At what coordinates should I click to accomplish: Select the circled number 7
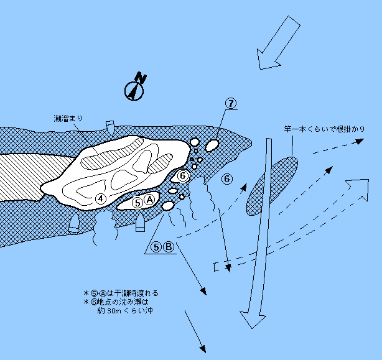tap(231, 104)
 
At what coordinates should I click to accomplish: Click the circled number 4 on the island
tap(101, 198)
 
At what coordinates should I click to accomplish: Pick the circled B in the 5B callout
tap(169, 246)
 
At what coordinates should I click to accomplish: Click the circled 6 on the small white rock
tap(183, 176)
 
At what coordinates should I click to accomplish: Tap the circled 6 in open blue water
tap(227, 179)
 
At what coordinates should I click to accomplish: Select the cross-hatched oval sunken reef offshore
tap(272, 185)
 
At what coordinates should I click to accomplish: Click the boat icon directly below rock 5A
tap(141, 222)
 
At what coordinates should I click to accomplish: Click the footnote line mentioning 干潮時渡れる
tap(121, 292)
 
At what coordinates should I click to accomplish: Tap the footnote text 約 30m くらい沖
tap(122, 310)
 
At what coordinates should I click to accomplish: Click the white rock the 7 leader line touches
tap(212, 145)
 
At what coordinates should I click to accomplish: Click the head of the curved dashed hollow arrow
tap(358, 189)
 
